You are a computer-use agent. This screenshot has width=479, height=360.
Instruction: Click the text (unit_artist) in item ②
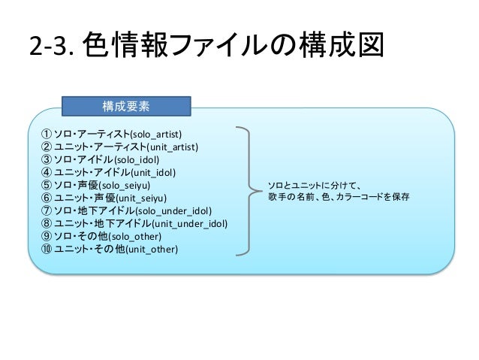coord(173,147)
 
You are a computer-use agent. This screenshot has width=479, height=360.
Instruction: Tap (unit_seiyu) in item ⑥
coord(143,198)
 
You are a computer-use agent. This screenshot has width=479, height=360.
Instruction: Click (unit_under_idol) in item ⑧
coord(190,224)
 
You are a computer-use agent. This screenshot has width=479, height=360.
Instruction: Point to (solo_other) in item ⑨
coord(135,236)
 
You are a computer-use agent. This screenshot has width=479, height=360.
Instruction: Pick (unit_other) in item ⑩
coord(152,249)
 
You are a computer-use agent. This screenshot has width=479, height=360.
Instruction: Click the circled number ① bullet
coord(46,134)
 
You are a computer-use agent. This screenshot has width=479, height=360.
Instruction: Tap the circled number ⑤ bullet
coord(46,185)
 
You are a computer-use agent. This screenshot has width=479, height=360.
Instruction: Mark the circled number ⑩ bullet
coord(46,249)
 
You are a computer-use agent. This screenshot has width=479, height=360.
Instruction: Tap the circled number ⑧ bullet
coord(46,224)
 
